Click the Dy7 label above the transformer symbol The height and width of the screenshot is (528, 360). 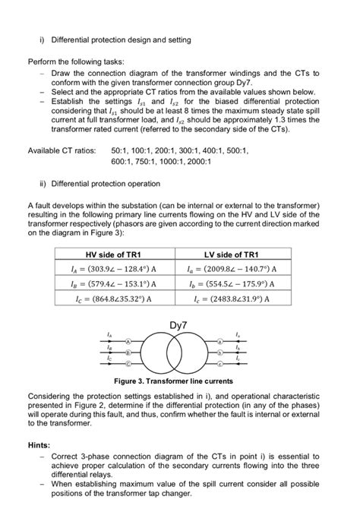click(180, 327)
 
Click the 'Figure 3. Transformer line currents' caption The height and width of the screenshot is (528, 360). click(180, 380)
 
